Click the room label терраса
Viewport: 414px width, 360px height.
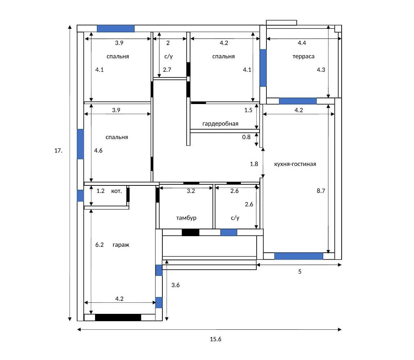point(303,57)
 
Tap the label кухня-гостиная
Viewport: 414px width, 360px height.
point(295,164)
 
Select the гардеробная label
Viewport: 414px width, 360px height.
point(220,123)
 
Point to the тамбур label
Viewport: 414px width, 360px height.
point(186,218)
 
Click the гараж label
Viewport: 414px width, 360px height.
point(121,245)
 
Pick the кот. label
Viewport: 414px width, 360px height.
point(116,191)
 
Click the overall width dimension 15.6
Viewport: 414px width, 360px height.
point(215,339)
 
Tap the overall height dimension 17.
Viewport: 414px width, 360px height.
point(58,150)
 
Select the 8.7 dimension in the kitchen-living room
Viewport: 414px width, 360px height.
point(321,191)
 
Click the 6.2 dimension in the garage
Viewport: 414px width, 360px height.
point(99,245)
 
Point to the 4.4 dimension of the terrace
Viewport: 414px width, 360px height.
point(302,43)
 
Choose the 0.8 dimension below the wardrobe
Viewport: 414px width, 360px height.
point(246,137)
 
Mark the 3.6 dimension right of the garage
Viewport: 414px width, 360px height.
point(175,285)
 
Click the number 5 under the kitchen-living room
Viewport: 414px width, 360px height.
point(300,271)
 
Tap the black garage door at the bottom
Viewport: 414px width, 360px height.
point(118,318)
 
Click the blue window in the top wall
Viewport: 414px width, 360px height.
point(116,28)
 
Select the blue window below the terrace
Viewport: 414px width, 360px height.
point(298,101)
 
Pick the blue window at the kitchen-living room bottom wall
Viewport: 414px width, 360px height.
point(298,256)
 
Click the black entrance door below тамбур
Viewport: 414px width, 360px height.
point(190,233)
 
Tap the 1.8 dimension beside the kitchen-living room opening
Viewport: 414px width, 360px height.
point(254,164)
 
